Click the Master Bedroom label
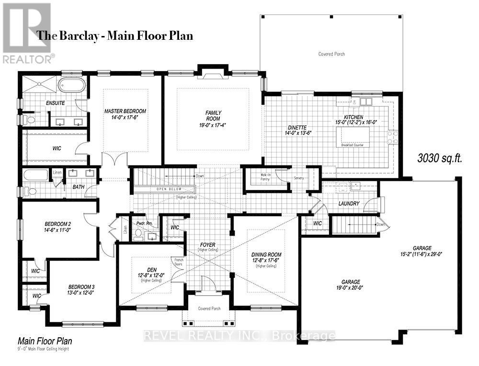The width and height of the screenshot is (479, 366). point(125,111)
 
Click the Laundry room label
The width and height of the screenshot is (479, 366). point(348,203)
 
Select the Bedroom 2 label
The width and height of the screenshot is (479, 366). point(58,224)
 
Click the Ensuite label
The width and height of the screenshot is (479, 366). point(56,103)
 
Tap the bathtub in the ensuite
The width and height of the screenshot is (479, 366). point(72,85)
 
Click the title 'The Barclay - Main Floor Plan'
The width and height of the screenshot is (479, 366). point(115,35)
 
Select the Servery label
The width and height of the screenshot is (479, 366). point(299,178)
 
